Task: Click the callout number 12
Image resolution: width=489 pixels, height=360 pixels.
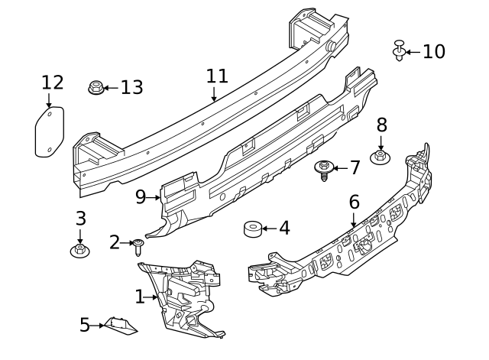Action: coord(53,82)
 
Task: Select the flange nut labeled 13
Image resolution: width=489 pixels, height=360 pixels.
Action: coord(96,87)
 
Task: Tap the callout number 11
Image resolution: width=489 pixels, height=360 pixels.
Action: coord(217,76)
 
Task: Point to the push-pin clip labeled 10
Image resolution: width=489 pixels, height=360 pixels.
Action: coord(398,50)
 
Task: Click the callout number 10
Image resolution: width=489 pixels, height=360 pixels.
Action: coord(433,51)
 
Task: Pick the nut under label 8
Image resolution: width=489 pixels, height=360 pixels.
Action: coord(381,157)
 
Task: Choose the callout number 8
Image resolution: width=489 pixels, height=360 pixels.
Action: coord(381,125)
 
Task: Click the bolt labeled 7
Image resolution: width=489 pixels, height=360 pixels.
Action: coord(324,169)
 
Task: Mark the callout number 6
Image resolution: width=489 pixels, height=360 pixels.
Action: coord(354,203)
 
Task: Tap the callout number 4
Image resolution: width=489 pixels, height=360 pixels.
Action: coord(283,228)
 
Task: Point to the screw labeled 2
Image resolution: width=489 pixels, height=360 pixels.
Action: coord(138,246)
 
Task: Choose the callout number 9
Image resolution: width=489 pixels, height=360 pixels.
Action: coord(140,197)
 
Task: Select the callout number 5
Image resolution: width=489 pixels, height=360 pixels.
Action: coord(85,326)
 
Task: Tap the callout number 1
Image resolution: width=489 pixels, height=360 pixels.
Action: coord(140,296)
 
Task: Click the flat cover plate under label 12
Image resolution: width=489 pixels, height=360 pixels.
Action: coord(50,132)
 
